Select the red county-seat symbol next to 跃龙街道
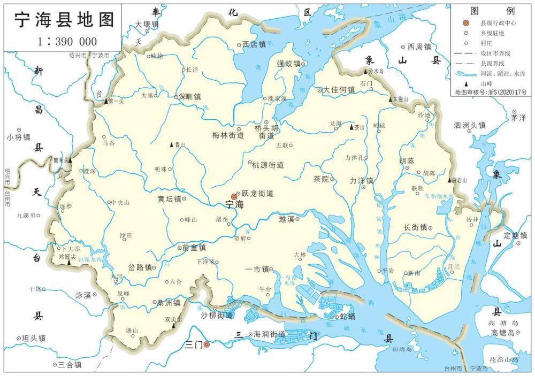[x=234, y=196]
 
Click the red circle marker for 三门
[x=207, y=344]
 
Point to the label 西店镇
[x=254, y=45]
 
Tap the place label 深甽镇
[x=189, y=97]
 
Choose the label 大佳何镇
[x=339, y=89]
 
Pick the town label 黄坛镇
[x=169, y=199]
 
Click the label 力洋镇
[x=361, y=180]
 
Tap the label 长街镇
[x=415, y=228]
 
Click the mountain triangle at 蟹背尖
[x=70, y=160]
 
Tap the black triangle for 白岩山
[x=450, y=180]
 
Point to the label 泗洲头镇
[x=470, y=125]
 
